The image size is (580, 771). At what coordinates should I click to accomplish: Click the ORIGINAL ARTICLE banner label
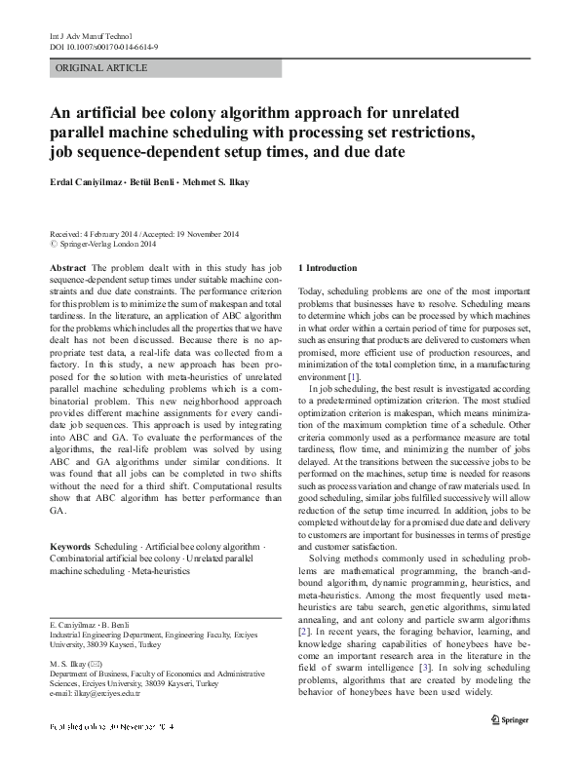click(102, 67)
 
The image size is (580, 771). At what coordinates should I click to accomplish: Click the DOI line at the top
click(97, 46)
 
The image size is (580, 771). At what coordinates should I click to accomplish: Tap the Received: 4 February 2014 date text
click(97, 234)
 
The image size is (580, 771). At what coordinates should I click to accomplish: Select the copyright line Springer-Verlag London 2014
click(107, 244)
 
